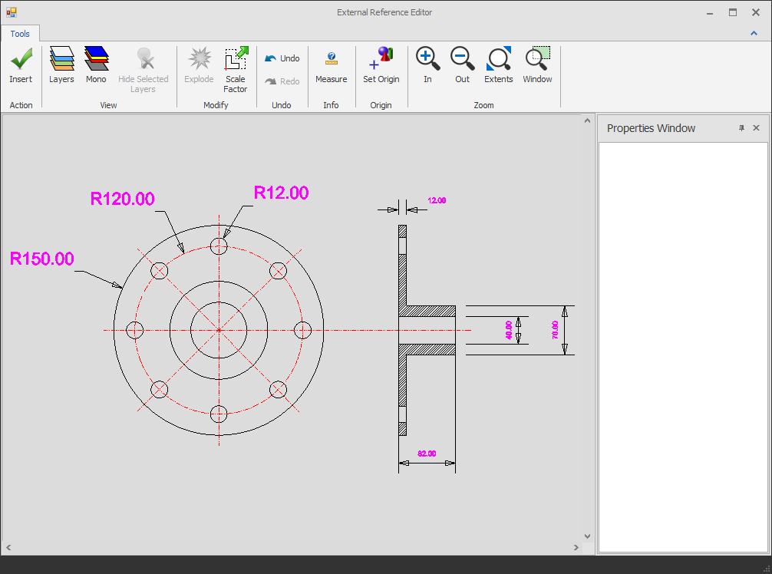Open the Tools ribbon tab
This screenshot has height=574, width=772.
pyautogui.click(x=20, y=34)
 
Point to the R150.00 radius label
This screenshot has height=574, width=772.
pyautogui.click(x=42, y=259)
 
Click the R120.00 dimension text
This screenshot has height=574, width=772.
pyautogui.click(x=123, y=200)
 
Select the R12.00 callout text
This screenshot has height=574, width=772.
pyautogui.click(x=281, y=193)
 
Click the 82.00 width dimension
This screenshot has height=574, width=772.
pyautogui.click(x=427, y=454)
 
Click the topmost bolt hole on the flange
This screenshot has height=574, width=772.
pyautogui.click(x=219, y=246)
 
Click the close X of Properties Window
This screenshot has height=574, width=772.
pyautogui.click(x=756, y=128)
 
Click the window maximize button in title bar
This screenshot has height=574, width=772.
pyautogui.click(x=733, y=12)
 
